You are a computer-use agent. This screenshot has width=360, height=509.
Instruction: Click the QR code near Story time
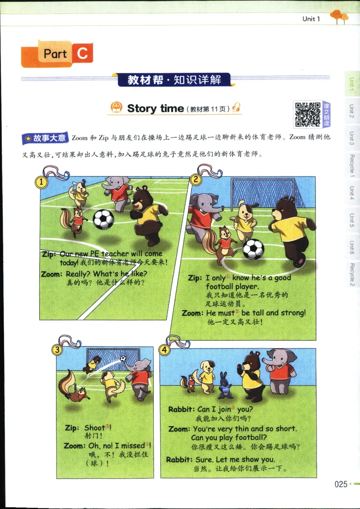click(x=308, y=114)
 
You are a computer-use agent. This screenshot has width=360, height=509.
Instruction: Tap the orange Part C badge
click(x=58, y=54)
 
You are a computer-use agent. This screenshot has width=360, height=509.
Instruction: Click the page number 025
click(x=341, y=484)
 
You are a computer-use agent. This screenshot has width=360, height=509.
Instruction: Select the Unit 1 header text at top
click(x=311, y=19)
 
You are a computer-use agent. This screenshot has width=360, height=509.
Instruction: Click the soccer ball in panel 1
click(x=103, y=219)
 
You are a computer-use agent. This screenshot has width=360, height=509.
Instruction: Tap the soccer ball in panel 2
click(x=253, y=249)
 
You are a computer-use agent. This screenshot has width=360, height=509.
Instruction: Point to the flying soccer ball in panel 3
click(x=123, y=359)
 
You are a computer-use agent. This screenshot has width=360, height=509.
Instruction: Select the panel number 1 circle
click(x=41, y=182)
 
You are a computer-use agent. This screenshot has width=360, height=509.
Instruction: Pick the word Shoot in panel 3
click(x=94, y=428)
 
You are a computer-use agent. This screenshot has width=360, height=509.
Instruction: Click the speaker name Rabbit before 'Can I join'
click(x=181, y=410)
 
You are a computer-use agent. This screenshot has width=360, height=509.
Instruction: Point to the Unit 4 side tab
click(x=351, y=194)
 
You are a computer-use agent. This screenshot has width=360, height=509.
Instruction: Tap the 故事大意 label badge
click(x=45, y=138)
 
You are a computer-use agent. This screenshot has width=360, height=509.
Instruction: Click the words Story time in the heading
click(x=155, y=108)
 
